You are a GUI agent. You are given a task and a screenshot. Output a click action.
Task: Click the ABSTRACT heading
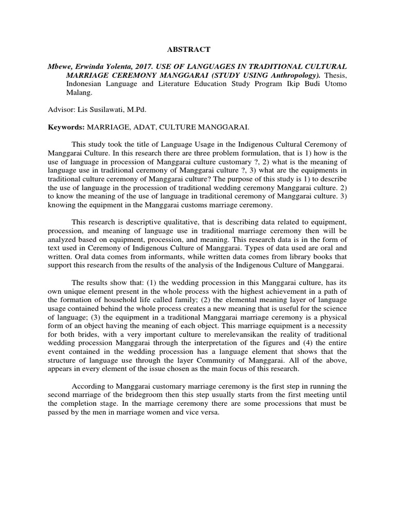click(189, 49)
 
